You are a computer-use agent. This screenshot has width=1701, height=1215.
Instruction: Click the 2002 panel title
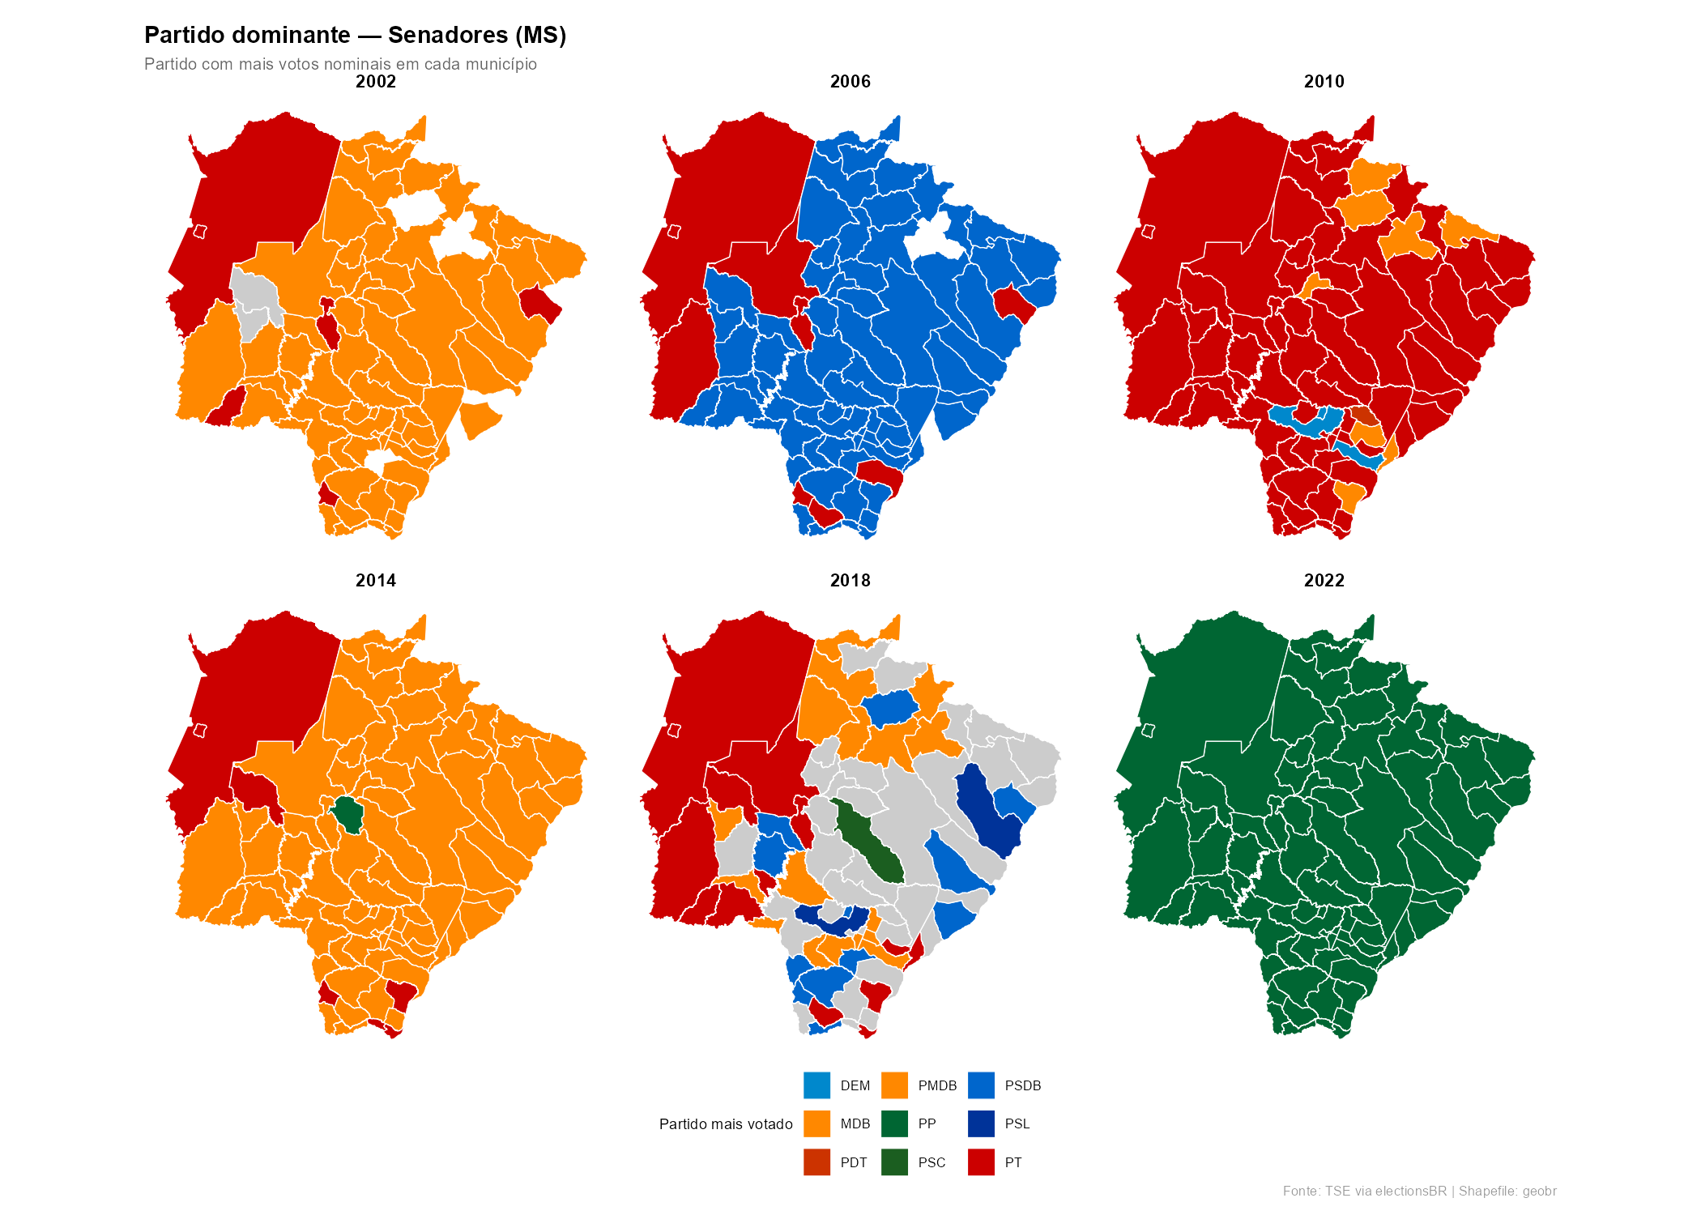(376, 82)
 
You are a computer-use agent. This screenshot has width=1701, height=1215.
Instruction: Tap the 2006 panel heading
(850, 82)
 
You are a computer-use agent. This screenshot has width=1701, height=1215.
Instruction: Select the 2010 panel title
(1324, 82)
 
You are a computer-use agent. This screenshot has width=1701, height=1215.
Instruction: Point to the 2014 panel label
(376, 581)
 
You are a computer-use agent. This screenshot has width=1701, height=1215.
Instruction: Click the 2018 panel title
(850, 581)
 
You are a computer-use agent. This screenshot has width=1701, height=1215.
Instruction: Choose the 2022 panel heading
(1324, 581)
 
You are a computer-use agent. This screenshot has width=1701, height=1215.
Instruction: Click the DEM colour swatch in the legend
(816, 1085)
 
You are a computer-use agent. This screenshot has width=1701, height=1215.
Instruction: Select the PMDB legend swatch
(894, 1085)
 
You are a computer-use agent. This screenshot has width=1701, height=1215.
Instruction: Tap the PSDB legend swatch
(981, 1085)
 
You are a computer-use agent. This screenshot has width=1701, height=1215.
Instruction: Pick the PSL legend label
(1017, 1124)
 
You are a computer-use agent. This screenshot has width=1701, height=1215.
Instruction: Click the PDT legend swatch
(816, 1162)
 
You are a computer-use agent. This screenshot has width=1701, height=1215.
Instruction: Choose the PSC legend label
(932, 1163)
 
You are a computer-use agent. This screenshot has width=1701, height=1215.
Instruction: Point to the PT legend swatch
(981, 1162)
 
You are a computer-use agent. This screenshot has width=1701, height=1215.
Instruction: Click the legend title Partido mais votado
(726, 1124)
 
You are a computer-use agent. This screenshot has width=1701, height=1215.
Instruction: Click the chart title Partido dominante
(355, 36)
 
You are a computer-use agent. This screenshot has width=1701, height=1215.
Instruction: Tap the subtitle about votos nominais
(340, 64)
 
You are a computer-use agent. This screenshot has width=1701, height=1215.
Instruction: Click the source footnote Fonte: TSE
(1419, 1192)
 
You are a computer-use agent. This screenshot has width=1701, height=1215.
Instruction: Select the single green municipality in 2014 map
(348, 813)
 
